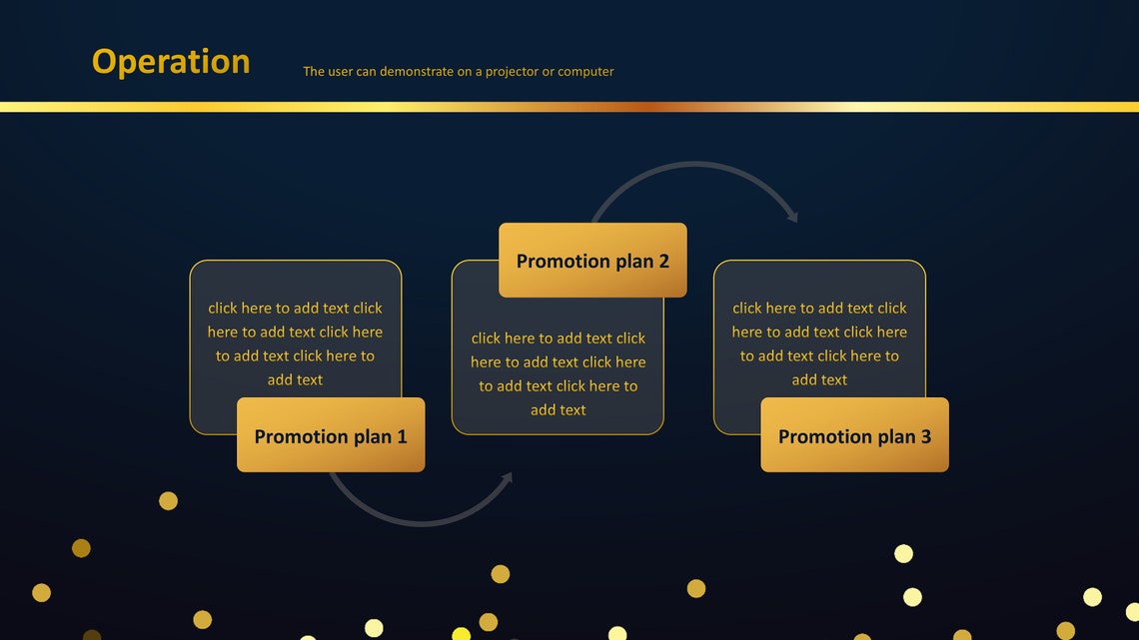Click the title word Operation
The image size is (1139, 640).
pyautogui.click(x=171, y=62)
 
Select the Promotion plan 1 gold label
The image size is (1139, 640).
pyautogui.click(x=331, y=435)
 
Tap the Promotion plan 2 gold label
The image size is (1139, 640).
pyautogui.click(x=592, y=261)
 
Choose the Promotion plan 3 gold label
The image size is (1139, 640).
pyautogui.click(x=854, y=435)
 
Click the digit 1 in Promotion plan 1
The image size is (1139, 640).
pyautogui.click(x=402, y=436)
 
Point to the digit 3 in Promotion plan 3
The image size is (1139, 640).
pyautogui.click(x=925, y=436)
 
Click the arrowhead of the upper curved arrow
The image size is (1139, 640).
pyautogui.click(x=792, y=214)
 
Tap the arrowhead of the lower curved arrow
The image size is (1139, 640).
pyautogui.click(x=507, y=479)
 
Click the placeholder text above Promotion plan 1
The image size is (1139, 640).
pyautogui.click(x=295, y=343)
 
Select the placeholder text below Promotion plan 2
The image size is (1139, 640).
pyautogui.click(x=558, y=373)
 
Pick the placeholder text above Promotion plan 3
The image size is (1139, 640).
pyautogui.click(x=819, y=343)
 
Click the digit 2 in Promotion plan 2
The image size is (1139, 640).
pyautogui.click(x=663, y=262)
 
